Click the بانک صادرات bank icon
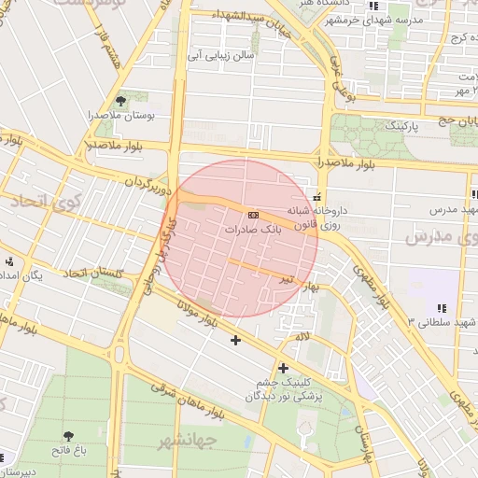coord(254,215)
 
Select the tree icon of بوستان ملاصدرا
coord(119,100)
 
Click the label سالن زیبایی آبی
coord(221,56)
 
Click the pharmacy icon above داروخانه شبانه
coord(318,197)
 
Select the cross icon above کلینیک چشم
coord(283,368)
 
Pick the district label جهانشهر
coord(187,439)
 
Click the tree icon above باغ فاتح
coord(69,436)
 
